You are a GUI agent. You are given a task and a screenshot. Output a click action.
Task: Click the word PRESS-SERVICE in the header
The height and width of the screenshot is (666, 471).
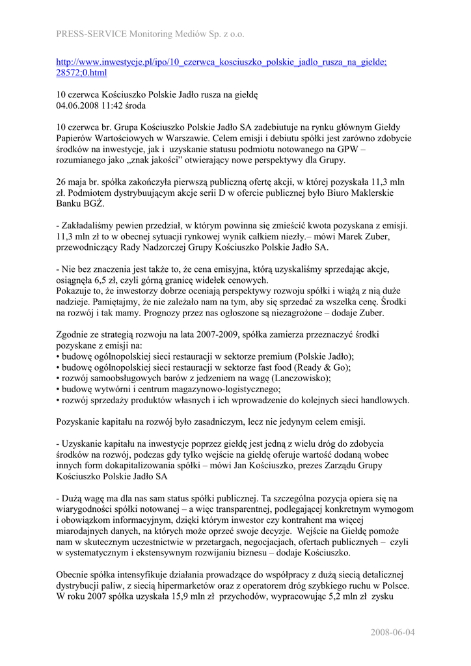87,33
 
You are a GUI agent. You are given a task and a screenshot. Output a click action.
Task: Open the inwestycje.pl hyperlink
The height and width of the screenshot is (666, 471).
221,62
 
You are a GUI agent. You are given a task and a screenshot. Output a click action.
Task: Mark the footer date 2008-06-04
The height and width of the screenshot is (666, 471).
393,632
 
